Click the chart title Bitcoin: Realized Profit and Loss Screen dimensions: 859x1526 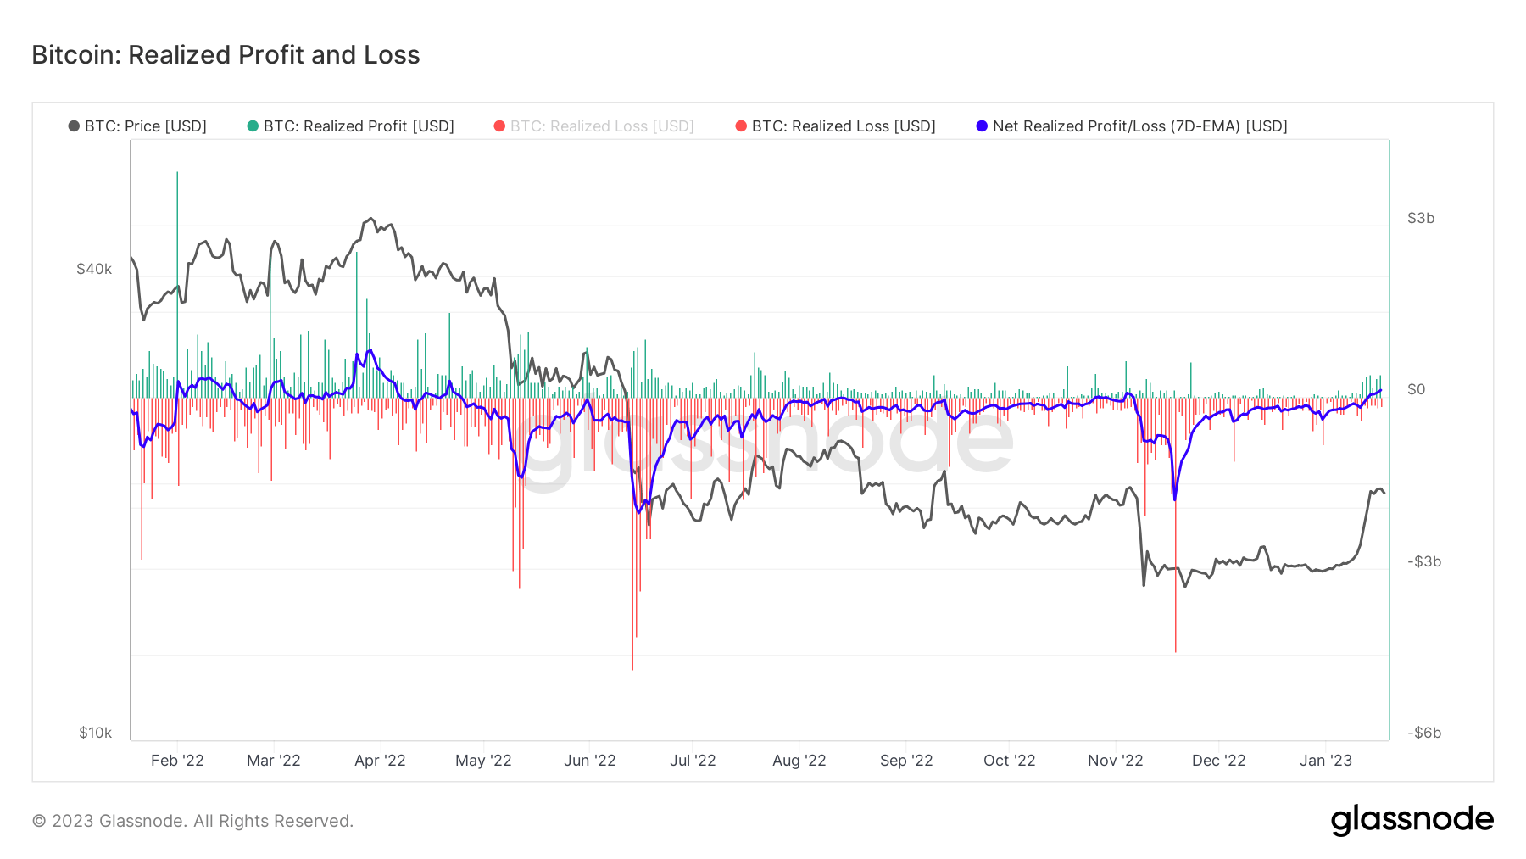[x=226, y=55]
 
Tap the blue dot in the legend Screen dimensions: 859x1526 [x=982, y=126]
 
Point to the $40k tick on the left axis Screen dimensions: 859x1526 [x=94, y=269]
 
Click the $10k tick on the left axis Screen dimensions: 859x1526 [x=95, y=733]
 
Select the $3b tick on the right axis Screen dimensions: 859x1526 [x=1421, y=218]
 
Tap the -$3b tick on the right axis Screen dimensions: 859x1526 [x=1423, y=561]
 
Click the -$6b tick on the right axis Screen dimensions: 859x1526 [x=1423, y=733]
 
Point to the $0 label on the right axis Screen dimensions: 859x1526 [x=1416, y=389]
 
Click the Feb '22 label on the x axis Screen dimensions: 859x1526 [x=177, y=761]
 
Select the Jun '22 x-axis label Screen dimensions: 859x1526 [x=590, y=761]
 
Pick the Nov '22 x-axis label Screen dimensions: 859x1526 [x=1115, y=761]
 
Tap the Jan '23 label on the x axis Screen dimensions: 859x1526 [x=1326, y=761]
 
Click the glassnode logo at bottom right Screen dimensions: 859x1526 [x=1412, y=820]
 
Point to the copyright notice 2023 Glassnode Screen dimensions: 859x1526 [x=192, y=821]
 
